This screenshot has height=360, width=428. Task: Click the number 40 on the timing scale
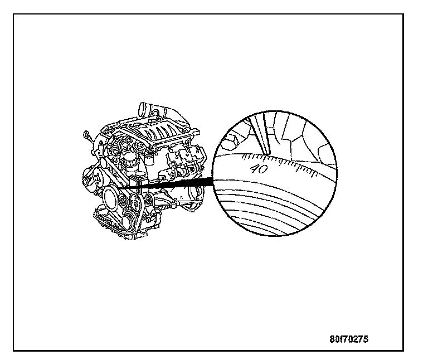click(259, 168)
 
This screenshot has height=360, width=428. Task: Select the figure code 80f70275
click(348, 338)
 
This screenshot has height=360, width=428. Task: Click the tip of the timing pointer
click(267, 151)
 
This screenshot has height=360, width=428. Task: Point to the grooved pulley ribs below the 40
click(267, 206)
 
